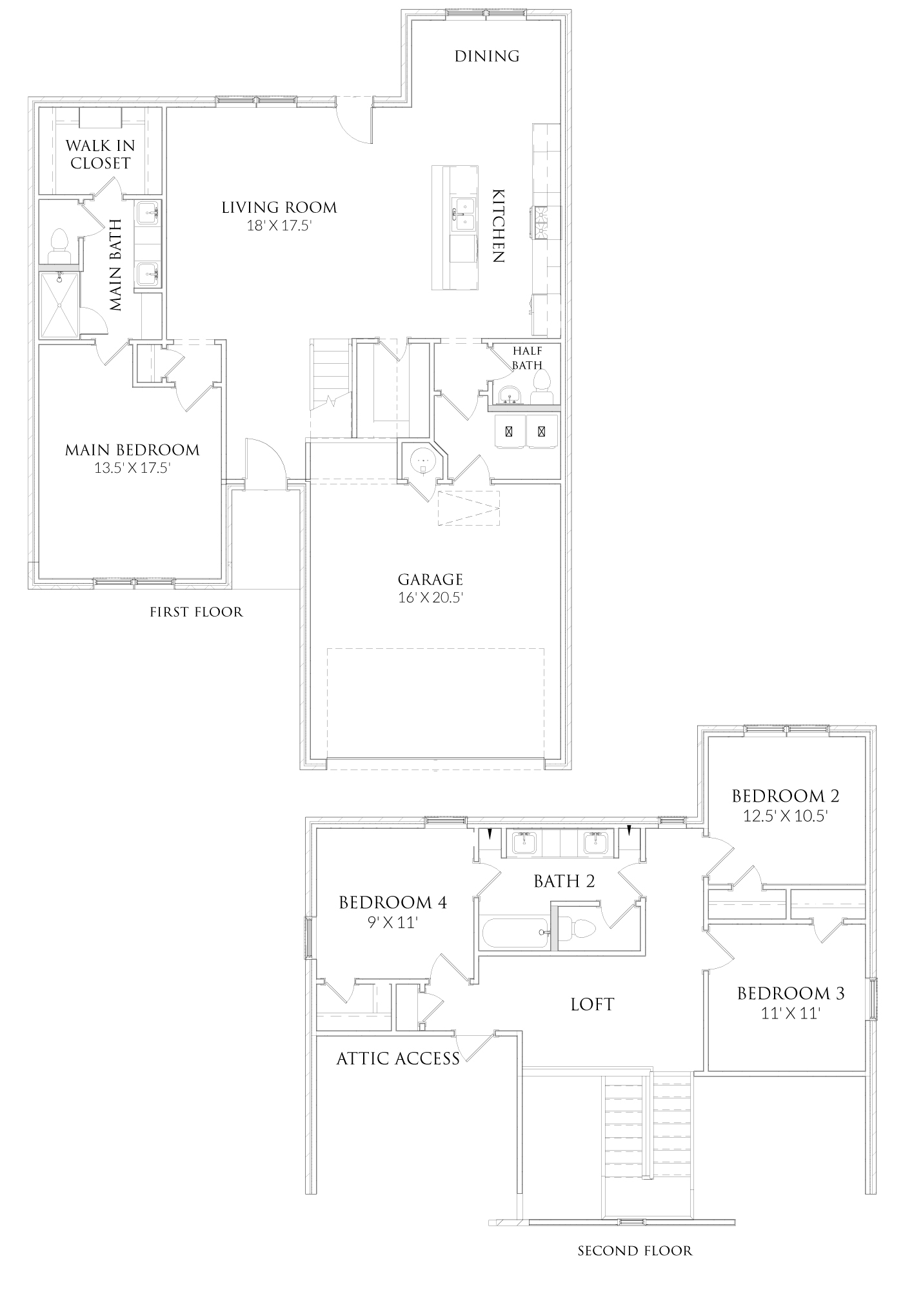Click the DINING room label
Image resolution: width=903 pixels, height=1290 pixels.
(x=487, y=56)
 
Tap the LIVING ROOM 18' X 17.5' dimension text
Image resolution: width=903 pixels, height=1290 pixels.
(x=279, y=226)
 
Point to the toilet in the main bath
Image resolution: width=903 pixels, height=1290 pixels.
(x=59, y=245)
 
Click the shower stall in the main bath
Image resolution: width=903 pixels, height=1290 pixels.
(x=59, y=305)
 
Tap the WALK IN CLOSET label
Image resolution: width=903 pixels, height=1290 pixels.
(x=101, y=155)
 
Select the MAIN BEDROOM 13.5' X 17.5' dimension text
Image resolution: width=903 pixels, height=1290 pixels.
(x=132, y=468)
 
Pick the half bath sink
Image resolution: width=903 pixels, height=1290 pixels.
(x=510, y=395)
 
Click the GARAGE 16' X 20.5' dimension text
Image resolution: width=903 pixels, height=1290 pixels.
(x=431, y=597)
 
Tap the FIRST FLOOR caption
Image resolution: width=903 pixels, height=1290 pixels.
(x=196, y=611)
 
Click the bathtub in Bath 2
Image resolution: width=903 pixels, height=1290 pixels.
(x=514, y=933)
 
